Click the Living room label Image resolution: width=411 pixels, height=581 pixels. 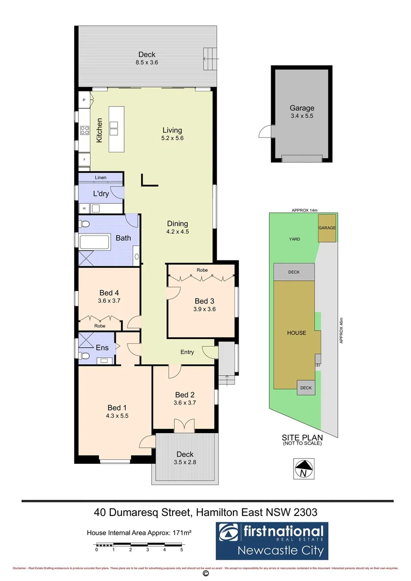click(x=172, y=130)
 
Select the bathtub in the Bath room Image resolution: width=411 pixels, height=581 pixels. click(x=95, y=242)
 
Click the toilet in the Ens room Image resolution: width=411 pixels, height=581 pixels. click(x=84, y=356)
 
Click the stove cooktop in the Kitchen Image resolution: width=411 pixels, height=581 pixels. click(x=84, y=130)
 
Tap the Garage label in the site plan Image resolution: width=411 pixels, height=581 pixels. click(x=327, y=228)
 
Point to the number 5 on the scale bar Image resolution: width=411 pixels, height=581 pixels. click(x=182, y=550)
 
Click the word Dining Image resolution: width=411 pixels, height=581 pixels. click(x=177, y=224)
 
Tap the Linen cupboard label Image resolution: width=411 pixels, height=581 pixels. click(x=101, y=178)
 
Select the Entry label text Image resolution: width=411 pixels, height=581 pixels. click(x=187, y=352)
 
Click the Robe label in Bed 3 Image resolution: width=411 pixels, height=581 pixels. click(x=202, y=270)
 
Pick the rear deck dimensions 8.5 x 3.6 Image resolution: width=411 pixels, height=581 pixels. click(x=147, y=62)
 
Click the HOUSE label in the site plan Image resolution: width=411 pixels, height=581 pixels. click(x=296, y=333)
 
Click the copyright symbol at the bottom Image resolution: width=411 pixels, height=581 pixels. click(x=205, y=574)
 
